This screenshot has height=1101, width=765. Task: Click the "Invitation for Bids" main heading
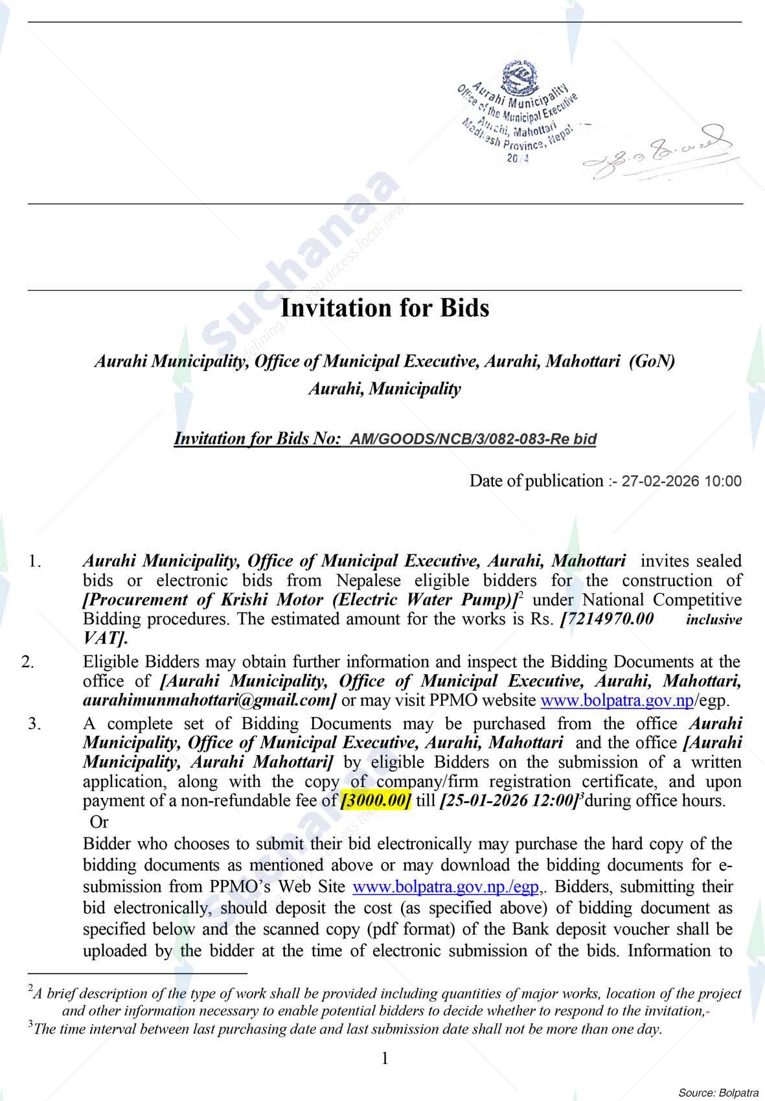pos(384,308)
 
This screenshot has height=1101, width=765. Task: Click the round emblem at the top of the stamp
pos(518,75)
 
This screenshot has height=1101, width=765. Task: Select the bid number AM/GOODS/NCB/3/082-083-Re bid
pos(473,439)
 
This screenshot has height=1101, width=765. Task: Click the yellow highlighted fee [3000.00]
pos(376,801)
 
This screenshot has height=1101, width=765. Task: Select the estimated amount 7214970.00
pos(609,619)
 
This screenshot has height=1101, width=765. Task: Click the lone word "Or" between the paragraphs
pos(99,823)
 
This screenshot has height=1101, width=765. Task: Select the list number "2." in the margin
pos(28,662)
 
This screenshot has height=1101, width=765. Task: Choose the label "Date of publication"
pos(536,481)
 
